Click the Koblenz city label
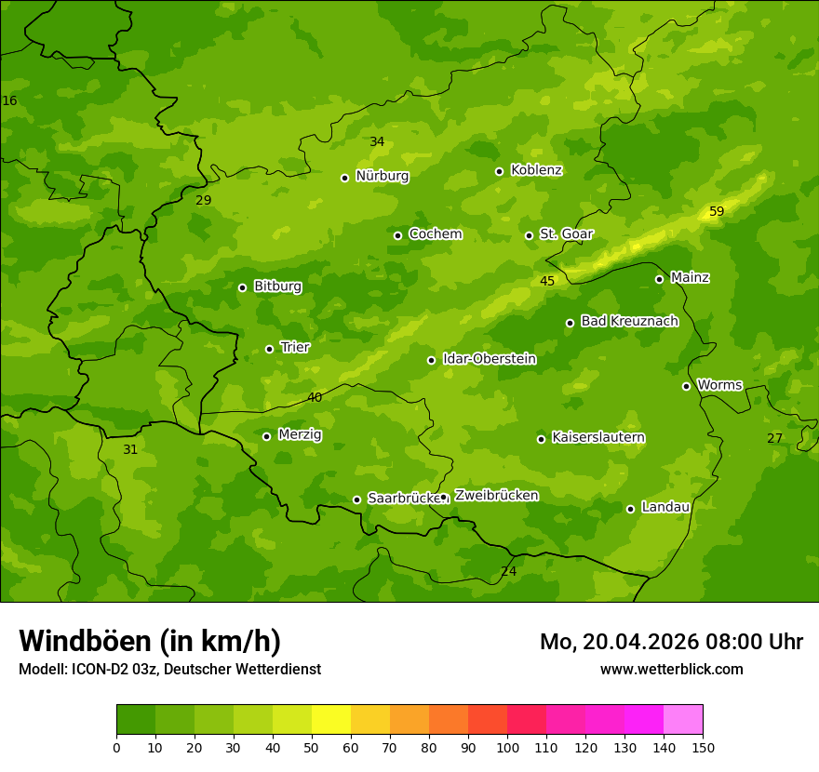pos(536,170)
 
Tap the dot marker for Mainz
pos(659,279)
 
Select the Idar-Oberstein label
pos(490,359)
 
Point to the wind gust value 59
pos(717,212)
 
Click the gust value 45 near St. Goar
pos(547,281)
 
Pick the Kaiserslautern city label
pos(598,437)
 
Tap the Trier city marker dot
pos(270,349)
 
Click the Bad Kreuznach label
pos(629,321)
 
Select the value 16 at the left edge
pos(9,100)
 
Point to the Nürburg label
pos(382,176)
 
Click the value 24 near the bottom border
pos(508,571)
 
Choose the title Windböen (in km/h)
pos(150,641)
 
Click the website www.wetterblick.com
pos(671,669)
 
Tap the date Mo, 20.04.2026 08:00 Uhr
pos(671,642)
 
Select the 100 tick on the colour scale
pos(507,747)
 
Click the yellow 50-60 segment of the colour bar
pos(331,720)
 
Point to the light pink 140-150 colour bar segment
pos(683,720)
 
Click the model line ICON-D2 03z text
pos(169,669)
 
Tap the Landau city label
pos(665,507)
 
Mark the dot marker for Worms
pos(686,386)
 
